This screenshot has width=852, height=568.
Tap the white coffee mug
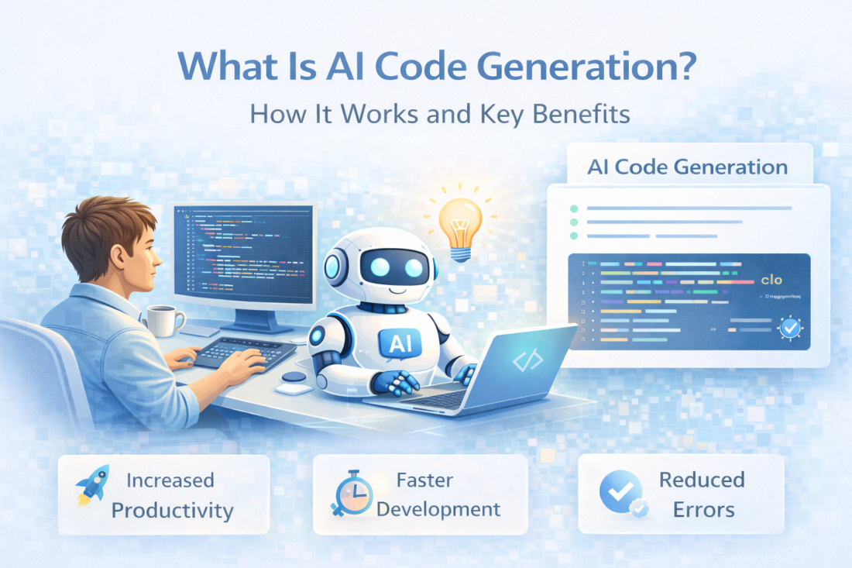(163, 319)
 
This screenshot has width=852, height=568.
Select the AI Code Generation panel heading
(687, 166)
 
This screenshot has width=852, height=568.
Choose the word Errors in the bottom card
(703, 509)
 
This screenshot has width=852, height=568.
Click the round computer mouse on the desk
(294, 377)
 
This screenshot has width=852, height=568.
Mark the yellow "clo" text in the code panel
(772, 280)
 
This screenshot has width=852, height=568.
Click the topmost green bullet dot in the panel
(573, 208)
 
